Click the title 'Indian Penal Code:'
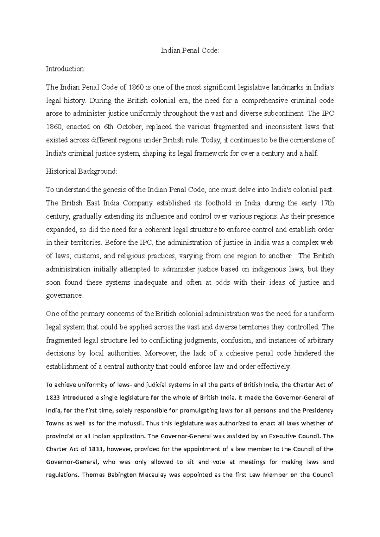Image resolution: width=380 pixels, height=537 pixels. point(190,51)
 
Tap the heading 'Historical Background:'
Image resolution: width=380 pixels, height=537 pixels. point(81,171)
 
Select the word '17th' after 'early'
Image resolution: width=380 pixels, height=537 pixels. point(326,203)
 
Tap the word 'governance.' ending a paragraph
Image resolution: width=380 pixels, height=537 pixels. point(64,296)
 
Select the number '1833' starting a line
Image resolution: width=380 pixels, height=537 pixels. point(53,398)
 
